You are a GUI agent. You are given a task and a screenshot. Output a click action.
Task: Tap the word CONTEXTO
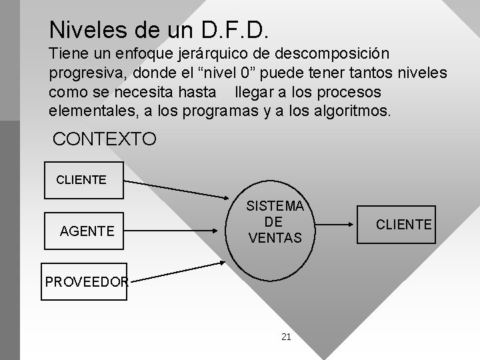105,139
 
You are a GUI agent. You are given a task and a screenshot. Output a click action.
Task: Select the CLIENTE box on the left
83,180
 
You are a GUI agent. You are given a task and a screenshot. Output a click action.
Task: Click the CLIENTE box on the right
403,225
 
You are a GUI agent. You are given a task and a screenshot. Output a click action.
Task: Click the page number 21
286,337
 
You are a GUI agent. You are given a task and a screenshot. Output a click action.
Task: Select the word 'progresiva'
83,72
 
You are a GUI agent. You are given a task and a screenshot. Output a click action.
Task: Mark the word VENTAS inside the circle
275,237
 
